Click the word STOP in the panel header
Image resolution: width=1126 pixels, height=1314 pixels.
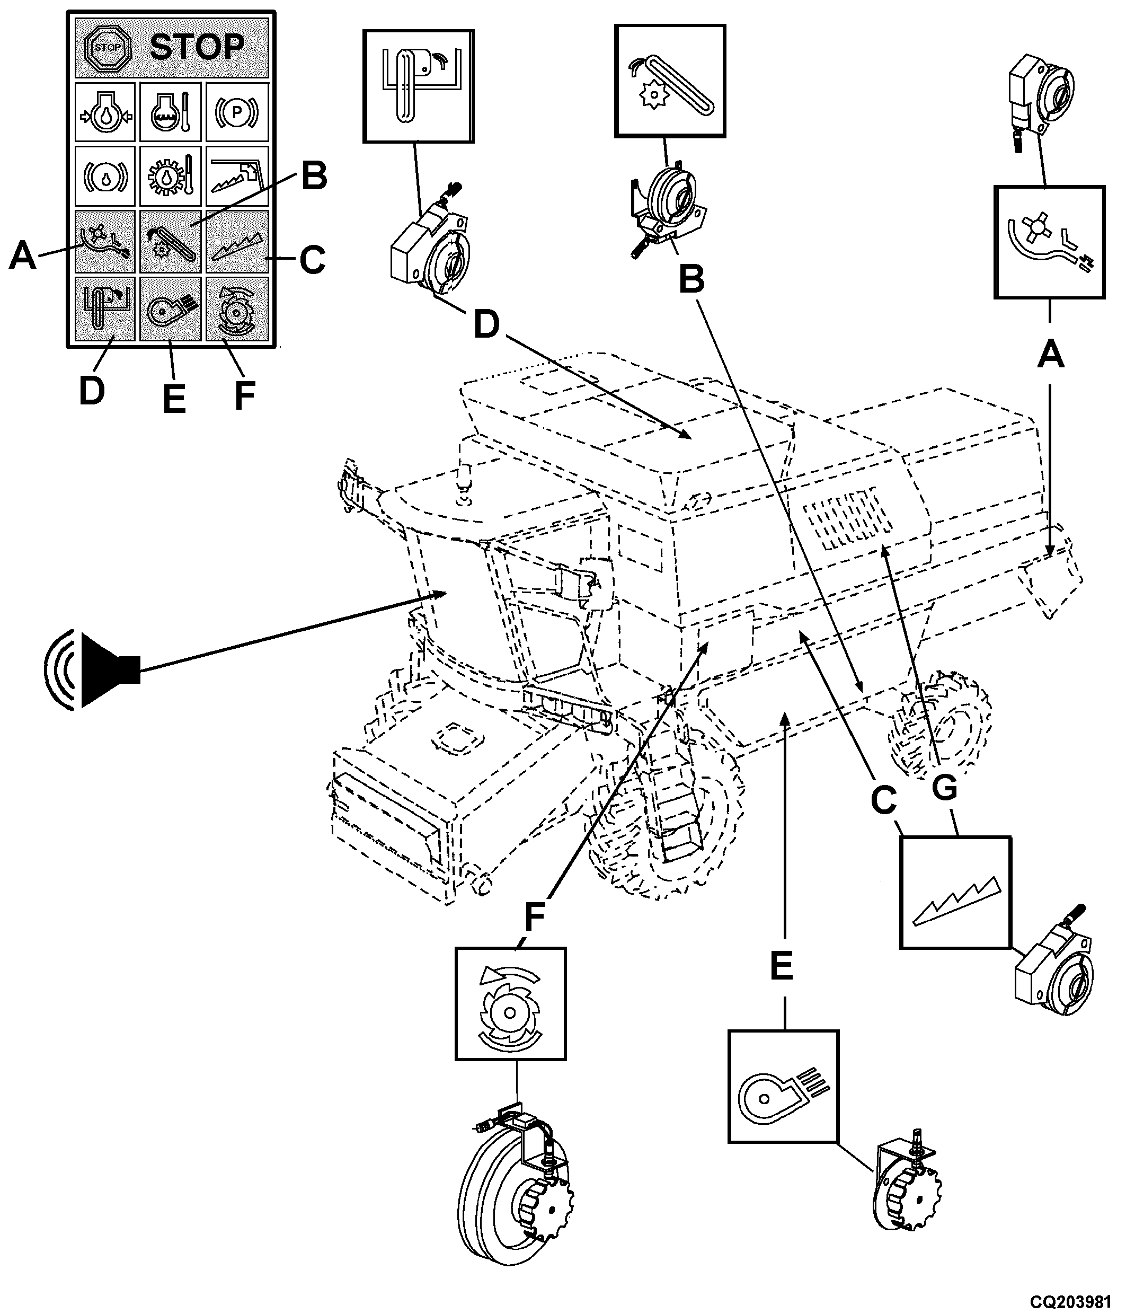197,48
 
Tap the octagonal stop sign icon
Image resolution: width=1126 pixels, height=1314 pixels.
107,48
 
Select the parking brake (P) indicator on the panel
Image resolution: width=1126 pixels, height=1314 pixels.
236,112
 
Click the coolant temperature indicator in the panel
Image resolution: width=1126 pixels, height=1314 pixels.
170,112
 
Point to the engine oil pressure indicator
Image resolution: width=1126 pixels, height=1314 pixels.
104,112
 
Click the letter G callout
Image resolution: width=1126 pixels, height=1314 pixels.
944,788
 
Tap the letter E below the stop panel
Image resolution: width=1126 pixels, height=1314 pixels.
174,399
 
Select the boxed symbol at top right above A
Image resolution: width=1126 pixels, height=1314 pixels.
1049,242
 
